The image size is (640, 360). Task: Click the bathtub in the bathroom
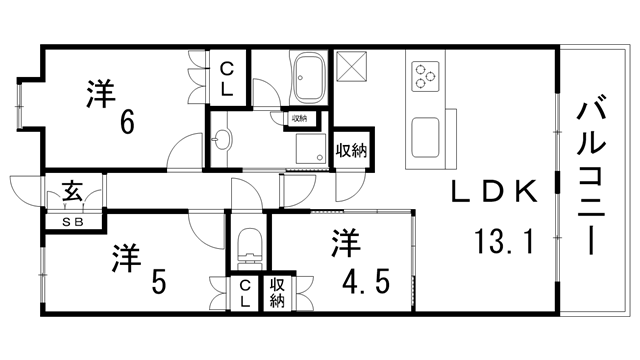tap(309, 78)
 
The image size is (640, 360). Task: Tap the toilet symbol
tap(249, 248)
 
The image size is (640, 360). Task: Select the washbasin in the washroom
tap(222, 140)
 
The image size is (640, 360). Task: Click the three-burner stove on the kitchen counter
tap(425, 76)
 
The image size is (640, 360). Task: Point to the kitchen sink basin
tap(425, 137)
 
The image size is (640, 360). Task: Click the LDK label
tap(494, 191)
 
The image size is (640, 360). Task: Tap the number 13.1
tap(504, 241)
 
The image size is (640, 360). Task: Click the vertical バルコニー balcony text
tap(590, 174)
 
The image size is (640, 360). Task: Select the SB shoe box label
tap(73, 222)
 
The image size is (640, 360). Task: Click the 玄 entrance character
tap(73, 190)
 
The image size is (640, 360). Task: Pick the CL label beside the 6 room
tap(227, 78)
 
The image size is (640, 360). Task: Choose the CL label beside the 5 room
tap(244, 293)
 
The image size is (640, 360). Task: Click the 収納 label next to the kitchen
tap(351, 151)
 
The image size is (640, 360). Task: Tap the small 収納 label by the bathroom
tap(299, 119)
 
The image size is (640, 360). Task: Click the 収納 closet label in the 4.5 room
tap(277, 293)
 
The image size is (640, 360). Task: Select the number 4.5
tap(365, 282)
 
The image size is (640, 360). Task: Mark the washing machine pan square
tap(311, 148)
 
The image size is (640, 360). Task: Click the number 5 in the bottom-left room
tap(159, 282)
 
